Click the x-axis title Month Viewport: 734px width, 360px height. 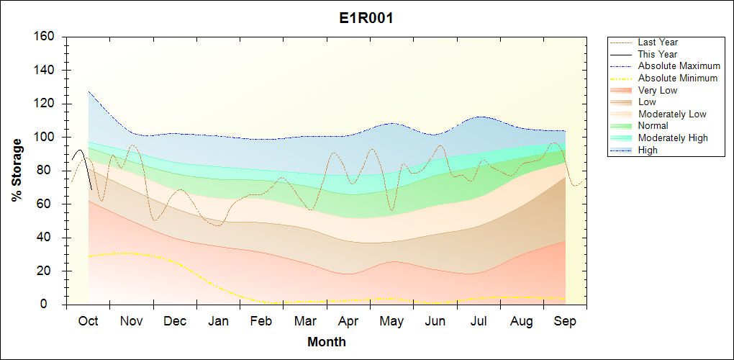(326, 342)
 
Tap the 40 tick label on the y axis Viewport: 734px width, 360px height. (49, 238)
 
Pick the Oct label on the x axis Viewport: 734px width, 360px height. (88, 321)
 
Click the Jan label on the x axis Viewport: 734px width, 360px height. (219, 321)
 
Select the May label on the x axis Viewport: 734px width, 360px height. (392, 321)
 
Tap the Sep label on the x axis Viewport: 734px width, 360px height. (565, 321)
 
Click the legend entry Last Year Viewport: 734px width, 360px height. (658, 42)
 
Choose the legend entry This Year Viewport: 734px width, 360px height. (658, 54)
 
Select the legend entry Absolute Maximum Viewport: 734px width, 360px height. (679, 66)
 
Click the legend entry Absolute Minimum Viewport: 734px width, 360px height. (678, 78)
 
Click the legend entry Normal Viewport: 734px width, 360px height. (653, 126)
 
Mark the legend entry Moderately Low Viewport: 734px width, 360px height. (672, 114)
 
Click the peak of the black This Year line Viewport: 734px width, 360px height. (78, 150)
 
